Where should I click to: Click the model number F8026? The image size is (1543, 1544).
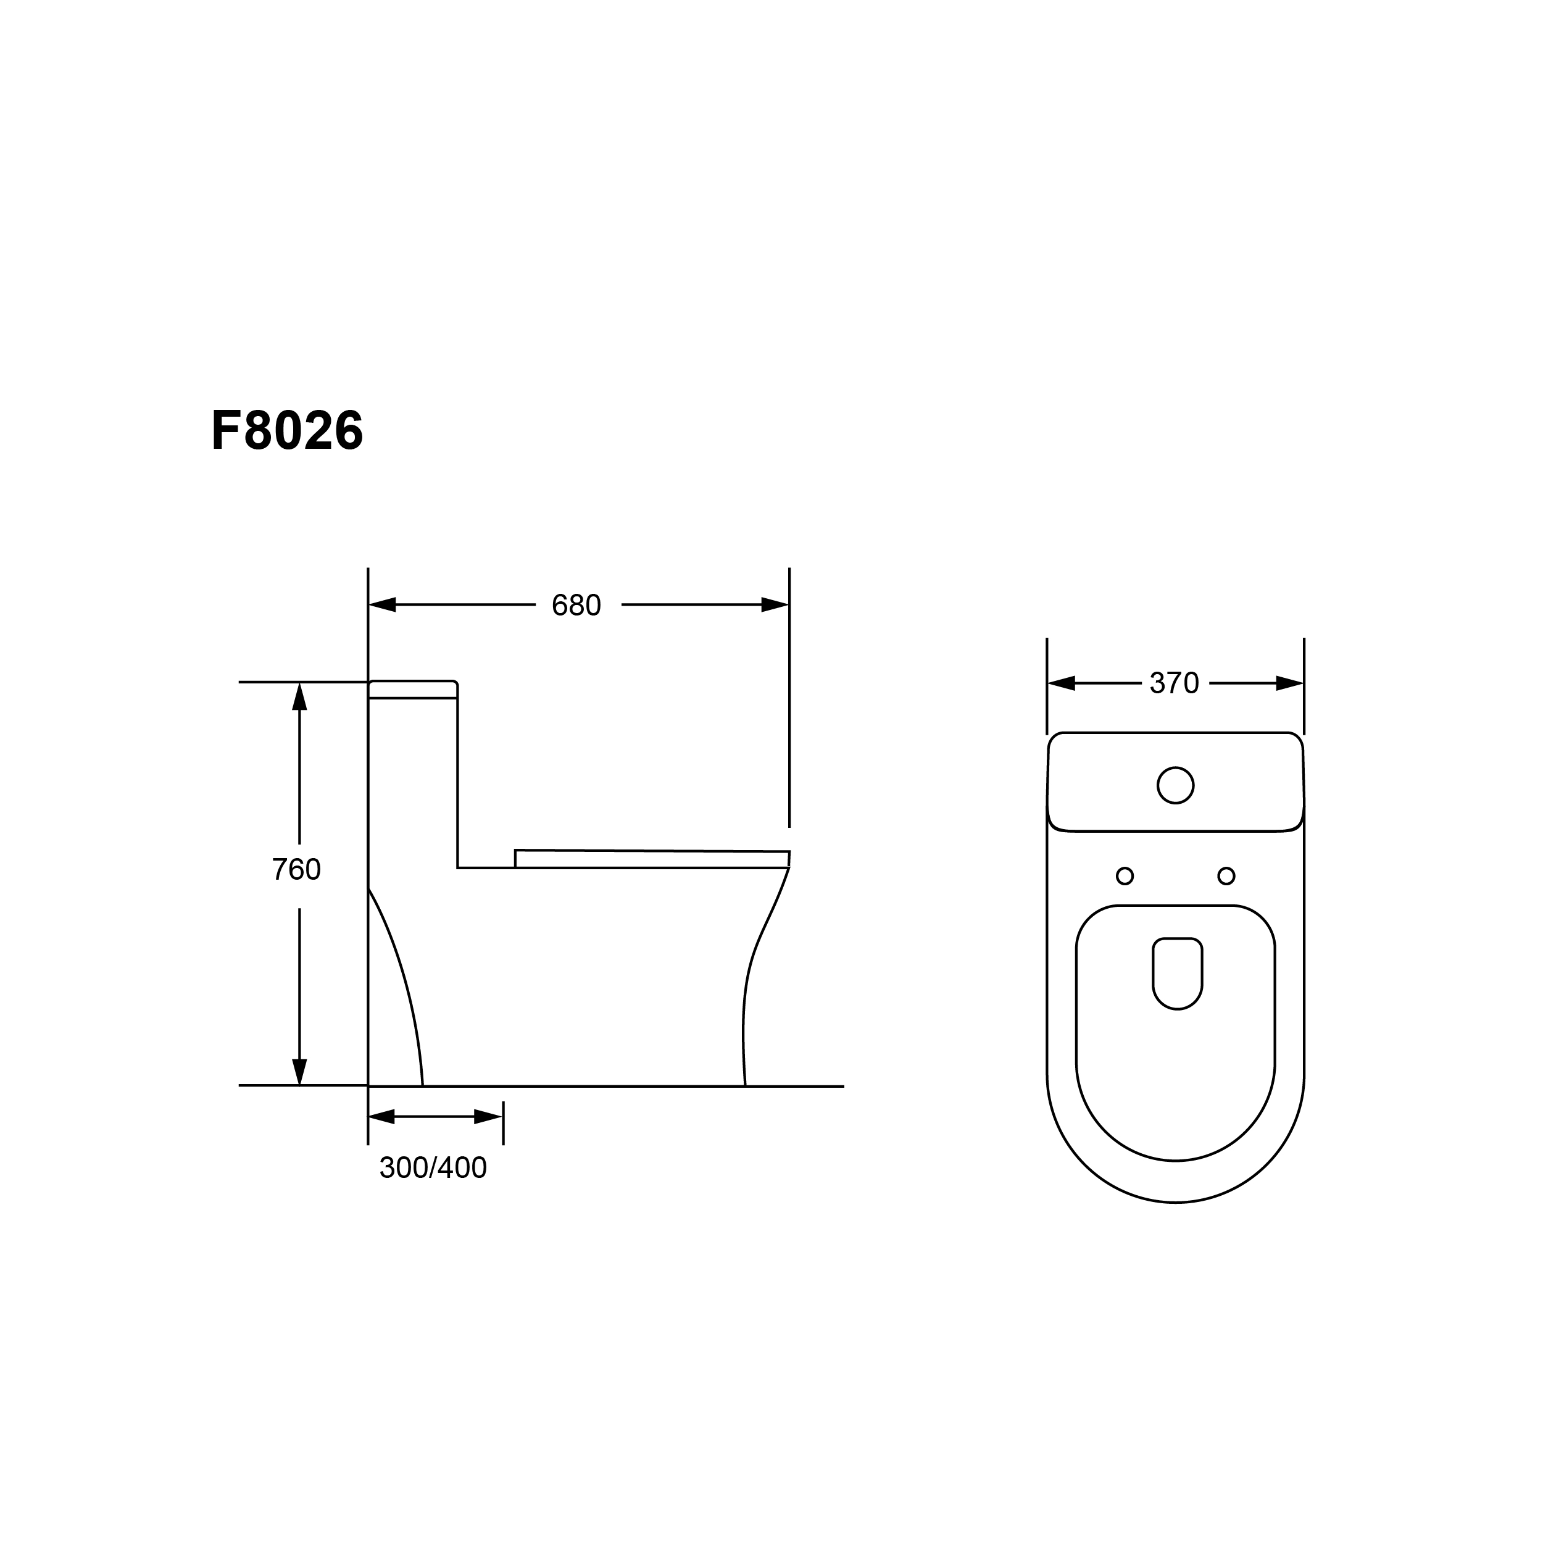(287, 431)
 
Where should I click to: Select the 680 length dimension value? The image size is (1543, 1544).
(576, 606)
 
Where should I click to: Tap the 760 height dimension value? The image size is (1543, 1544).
(296, 869)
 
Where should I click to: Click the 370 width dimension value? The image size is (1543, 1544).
(1175, 683)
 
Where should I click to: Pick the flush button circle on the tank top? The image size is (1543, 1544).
(1175, 786)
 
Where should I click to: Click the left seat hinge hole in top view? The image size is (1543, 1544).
(1125, 876)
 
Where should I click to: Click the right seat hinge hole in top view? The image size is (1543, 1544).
(1226, 876)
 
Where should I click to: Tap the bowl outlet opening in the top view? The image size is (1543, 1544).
(1177, 974)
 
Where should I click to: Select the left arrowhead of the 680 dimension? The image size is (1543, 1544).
(382, 605)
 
